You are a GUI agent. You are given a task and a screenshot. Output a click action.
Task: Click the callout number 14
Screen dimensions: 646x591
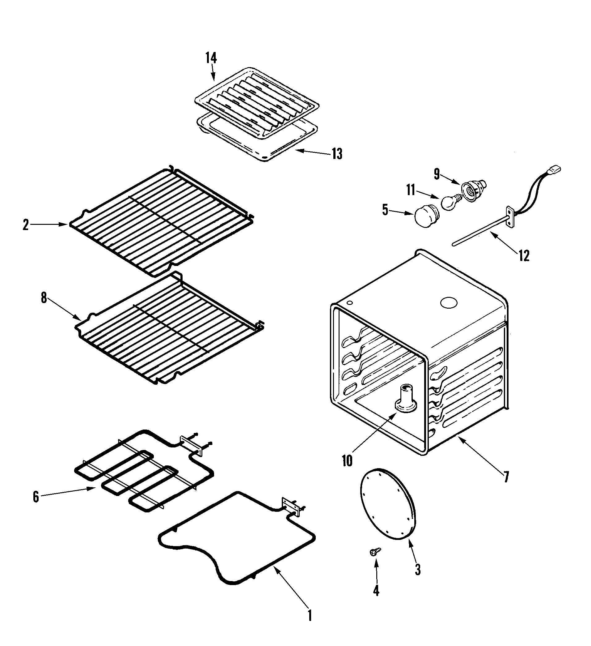(x=211, y=58)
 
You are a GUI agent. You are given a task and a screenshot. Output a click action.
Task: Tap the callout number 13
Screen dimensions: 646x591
(x=337, y=154)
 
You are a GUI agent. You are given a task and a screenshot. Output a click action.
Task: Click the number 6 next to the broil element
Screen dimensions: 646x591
(x=36, y=497)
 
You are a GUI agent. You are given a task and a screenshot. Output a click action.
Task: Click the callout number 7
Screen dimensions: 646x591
(x=506, y=477)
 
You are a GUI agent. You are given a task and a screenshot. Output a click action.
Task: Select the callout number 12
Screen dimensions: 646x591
(x=524, y=256)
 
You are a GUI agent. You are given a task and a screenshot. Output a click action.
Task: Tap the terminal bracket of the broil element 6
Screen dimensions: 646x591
(x=192, y=445)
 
